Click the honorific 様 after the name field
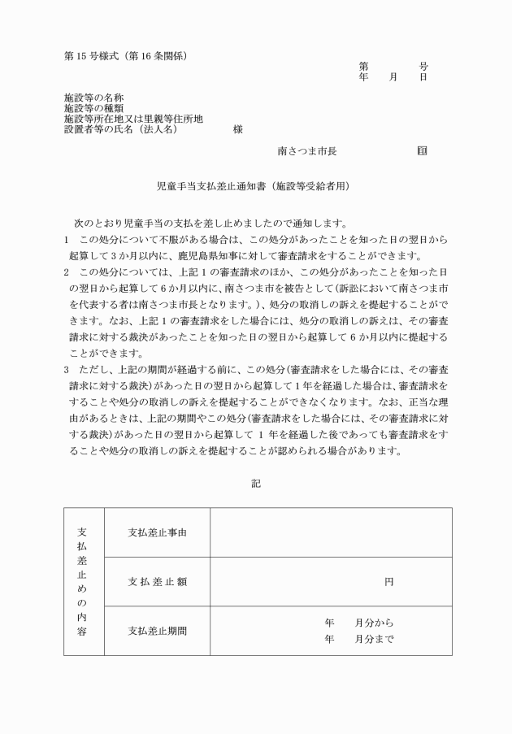click(237, 129)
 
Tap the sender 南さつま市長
click(307, 151)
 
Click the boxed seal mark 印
click(422, 151)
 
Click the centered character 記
click(256, 483)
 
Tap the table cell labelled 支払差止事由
click(158, 532)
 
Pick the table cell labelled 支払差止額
click(158, 581)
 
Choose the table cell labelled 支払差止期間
click(158, 630)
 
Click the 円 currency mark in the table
click(388, 582)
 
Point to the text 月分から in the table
click(374, 623)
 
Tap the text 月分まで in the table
click(374, 639)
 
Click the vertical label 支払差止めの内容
click(84, 581)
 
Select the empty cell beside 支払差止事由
click(331, 532)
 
